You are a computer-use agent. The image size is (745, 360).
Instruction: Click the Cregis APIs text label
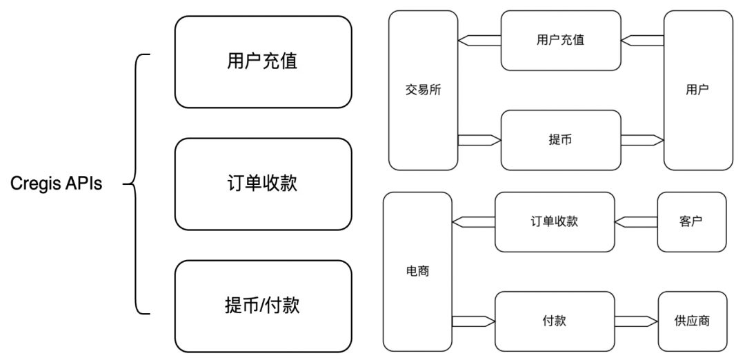click(x=57, y=184)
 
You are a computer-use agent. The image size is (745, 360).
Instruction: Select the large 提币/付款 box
click(x=263, y=306)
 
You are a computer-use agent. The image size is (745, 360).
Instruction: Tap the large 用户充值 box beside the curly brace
click(x=263, y=62)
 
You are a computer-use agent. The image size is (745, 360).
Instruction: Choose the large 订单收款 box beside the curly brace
click(x=263, y=184)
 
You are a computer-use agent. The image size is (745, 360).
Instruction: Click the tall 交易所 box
click(x=424, y=90)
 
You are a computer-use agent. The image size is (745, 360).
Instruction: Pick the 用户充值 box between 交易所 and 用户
click(x=560, y=40)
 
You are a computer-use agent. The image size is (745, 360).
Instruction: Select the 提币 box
click(x=560, y=140)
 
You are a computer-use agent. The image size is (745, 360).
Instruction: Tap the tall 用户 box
click(x=698, y=90)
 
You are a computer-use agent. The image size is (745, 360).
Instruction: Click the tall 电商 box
click(x=418, y=271)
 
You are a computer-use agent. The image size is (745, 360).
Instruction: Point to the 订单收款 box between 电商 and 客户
click(x=555, y=221)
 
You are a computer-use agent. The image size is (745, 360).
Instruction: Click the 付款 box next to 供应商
click(x=555, y=321)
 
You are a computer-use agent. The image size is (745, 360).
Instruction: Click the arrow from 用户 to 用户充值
click(x=642, y=40)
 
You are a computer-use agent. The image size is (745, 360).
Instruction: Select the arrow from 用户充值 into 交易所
click(x=479, y=40)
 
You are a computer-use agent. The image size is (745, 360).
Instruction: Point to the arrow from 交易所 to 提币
click(x=479, y=140)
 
